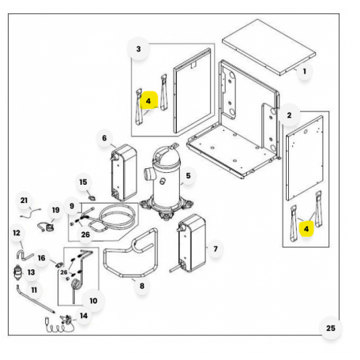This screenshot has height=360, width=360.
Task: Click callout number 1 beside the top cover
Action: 305,71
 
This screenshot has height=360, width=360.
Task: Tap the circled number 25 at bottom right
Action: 331,328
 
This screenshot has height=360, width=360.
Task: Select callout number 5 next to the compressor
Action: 188,176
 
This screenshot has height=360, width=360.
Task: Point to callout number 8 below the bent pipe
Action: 142,286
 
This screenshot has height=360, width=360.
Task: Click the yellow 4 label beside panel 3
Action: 148,101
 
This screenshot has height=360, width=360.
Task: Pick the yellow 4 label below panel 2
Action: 306,229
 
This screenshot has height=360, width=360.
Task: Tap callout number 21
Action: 24,201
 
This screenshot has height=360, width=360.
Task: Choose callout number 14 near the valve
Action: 84,316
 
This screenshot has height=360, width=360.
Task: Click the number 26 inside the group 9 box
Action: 85,234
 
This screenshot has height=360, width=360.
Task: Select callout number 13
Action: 31,272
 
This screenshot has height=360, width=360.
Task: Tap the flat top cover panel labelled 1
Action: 268,47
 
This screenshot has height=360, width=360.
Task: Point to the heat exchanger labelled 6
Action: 124,172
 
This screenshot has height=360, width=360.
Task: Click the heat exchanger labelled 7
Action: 191,243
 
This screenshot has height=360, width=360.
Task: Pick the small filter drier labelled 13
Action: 17,272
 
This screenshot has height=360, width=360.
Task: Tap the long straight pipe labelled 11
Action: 36,299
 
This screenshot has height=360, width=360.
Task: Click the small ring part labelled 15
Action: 92,197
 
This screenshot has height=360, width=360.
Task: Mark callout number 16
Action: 41,258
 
